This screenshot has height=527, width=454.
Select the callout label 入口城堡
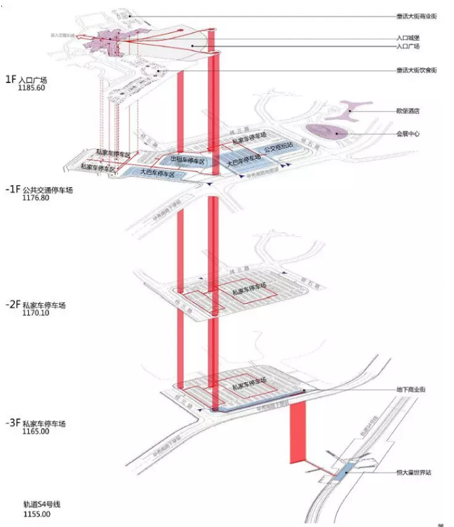(408, 39)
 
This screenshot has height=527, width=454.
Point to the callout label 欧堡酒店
(408, 112)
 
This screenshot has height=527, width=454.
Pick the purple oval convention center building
(329, 132)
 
